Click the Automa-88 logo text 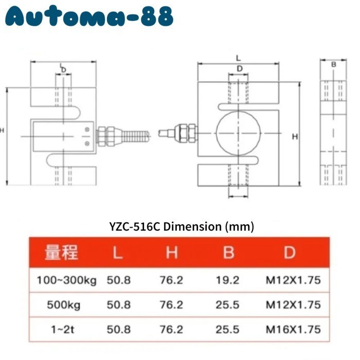pos(89,16)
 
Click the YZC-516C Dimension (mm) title pos(182,227)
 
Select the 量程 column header pos(61,253)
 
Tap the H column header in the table pos(172,253)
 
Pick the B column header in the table pos(229,253)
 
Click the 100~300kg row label pos(67,280)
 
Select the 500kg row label pos(64,305)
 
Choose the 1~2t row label pos(62,330)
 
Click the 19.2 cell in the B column pos(227,280)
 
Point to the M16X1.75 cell pos(293,330)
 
